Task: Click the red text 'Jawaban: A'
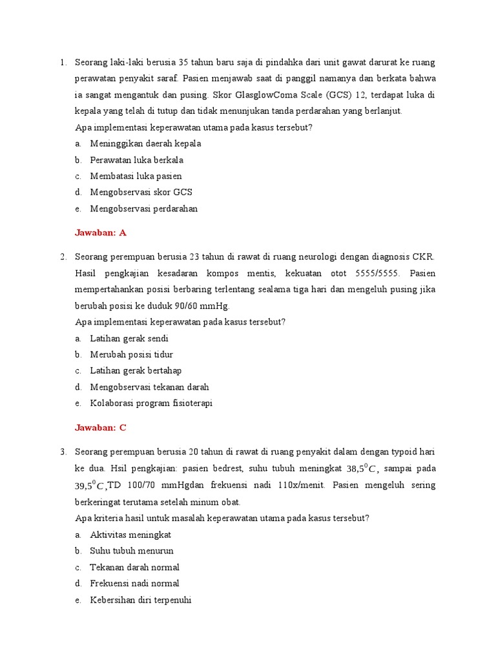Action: (x=101, y=233)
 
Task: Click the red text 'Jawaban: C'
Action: (x=101, y=428)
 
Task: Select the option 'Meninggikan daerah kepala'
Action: (x=145, y=144)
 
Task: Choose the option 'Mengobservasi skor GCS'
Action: (x=141, y=192)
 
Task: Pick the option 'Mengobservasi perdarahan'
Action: (x=143, y=209)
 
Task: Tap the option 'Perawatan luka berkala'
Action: (x=136, y=160)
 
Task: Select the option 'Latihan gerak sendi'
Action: (x=129, y=338)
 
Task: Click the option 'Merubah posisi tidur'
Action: (x=131, y=354)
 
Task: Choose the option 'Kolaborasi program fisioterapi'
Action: (x=151, y=403)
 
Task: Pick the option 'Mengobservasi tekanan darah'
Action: (x=149, y=387)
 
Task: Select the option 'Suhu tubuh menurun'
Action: (x=132, y=551)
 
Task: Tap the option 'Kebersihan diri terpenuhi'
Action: (x=141, y=600)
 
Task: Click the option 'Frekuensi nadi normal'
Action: (x=135, y=583)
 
